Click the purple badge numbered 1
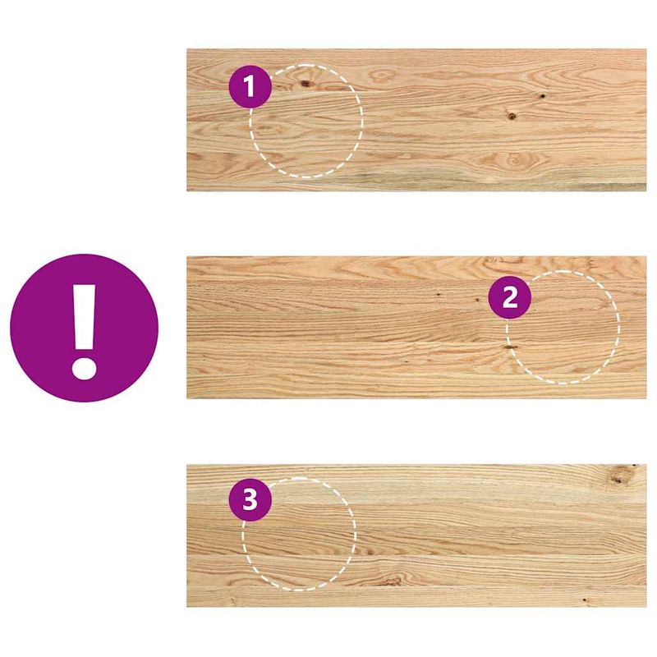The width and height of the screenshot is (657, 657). click(250, 86)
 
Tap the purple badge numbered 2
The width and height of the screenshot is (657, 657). click(510, 297)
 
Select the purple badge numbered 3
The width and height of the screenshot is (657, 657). click(250, 499)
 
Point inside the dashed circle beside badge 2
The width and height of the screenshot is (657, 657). click(567, 328)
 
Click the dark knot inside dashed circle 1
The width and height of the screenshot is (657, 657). click(305, 83)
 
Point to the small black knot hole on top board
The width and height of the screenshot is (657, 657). click(543, 97)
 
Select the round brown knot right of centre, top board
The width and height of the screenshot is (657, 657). click(511, 116)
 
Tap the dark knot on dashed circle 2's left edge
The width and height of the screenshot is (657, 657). click(510, 348)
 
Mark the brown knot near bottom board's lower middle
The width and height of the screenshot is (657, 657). click(393, 580)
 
